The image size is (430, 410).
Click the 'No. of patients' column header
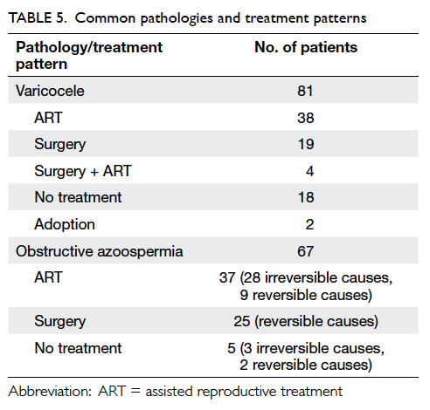(306, 47)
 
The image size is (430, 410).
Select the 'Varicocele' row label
(50, 91)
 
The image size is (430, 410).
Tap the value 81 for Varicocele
(305, 91)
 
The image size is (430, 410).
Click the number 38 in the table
(306, 118)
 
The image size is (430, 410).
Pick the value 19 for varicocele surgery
(306, 144)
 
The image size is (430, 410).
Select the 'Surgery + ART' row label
(83, 171)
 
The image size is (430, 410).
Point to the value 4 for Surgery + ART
(309, 171)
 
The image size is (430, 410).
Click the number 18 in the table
(306, 197)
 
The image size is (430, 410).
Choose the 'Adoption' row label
(65, 224)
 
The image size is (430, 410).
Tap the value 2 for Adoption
(309, 224)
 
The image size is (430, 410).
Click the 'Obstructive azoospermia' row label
(100, 251)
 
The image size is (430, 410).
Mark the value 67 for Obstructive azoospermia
(305, 251)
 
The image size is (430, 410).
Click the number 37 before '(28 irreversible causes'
(227, 277)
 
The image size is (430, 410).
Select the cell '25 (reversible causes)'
(306, 321)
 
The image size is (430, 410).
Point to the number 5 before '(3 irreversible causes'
(232, 348)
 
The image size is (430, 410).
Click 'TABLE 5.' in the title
(38, 18)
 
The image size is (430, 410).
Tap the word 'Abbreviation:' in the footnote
(50, 392)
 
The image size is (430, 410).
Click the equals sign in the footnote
(135, 392)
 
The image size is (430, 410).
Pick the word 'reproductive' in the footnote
(237, 392)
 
